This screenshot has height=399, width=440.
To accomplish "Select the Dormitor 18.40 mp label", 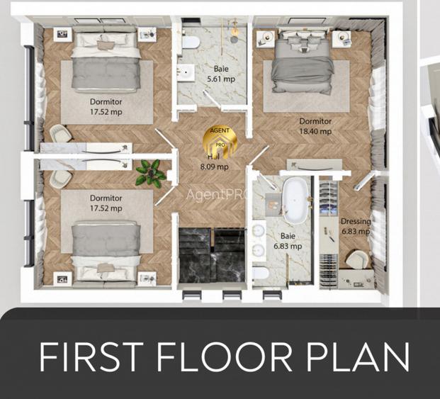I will (315, 126).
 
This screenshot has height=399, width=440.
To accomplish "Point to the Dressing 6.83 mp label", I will (356, 226).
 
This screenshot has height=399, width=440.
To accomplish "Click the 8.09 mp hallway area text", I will (213, 167).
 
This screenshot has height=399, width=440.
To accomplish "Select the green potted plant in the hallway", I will (150, 171).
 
